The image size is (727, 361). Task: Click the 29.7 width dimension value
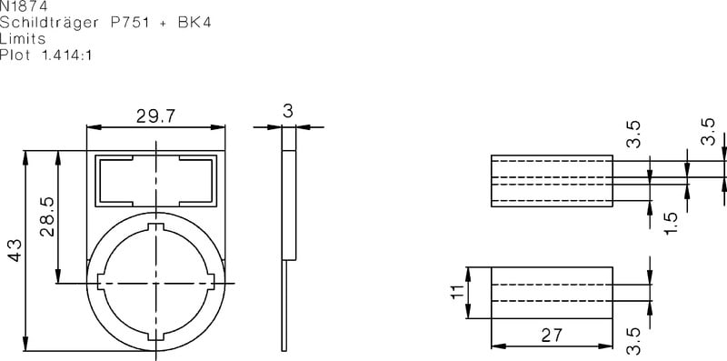point(155,116)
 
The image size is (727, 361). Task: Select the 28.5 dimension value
point(47,216)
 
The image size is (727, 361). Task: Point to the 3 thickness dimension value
point(288,111)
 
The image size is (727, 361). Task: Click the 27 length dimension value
point(552,335)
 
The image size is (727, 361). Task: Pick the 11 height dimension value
point(458,292)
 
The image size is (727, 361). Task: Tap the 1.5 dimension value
point(671,224)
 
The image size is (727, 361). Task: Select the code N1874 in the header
point(24,6)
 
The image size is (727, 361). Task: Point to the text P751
point(130,23)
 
